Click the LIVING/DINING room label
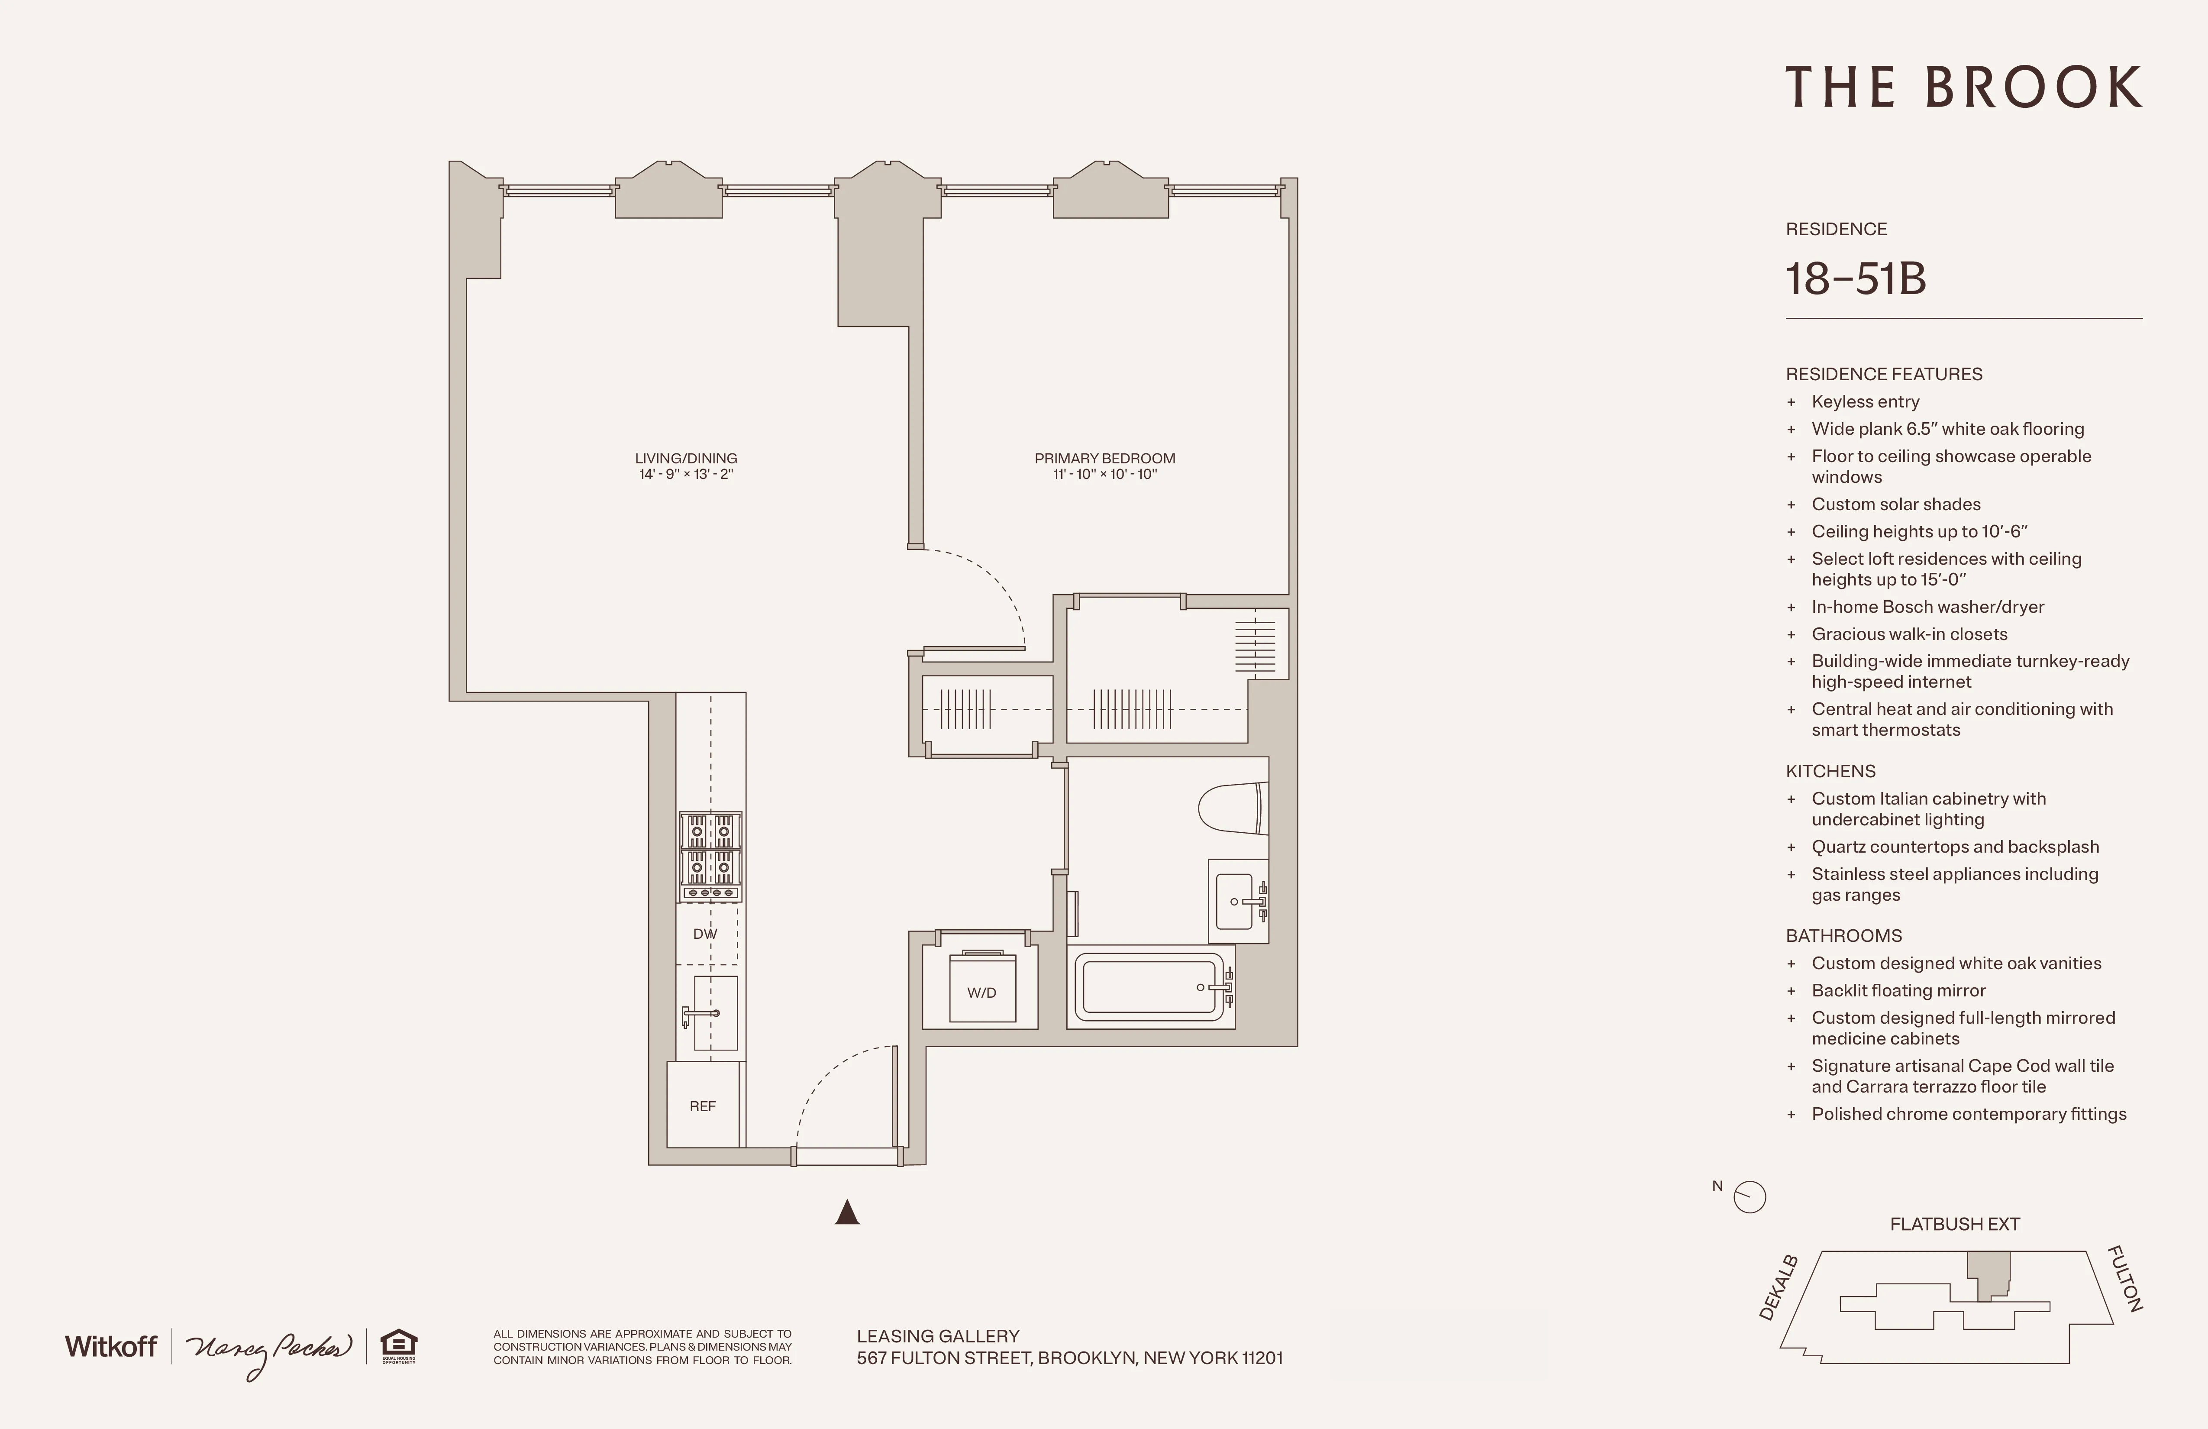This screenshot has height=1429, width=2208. click(x=686, y=459)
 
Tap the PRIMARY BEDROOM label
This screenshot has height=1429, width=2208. click(x=1104, y=459)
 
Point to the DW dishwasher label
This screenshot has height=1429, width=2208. click(x=705, y=934)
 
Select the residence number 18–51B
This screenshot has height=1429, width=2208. click(x=1856, y=278)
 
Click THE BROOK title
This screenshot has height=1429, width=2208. click(x=1963, y=88)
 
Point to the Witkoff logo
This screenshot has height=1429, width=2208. click(x=110, y=1346)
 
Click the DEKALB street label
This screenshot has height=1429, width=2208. click(x=1779, y=1288)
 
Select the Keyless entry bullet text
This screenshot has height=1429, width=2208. click(x=1865, y=402)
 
